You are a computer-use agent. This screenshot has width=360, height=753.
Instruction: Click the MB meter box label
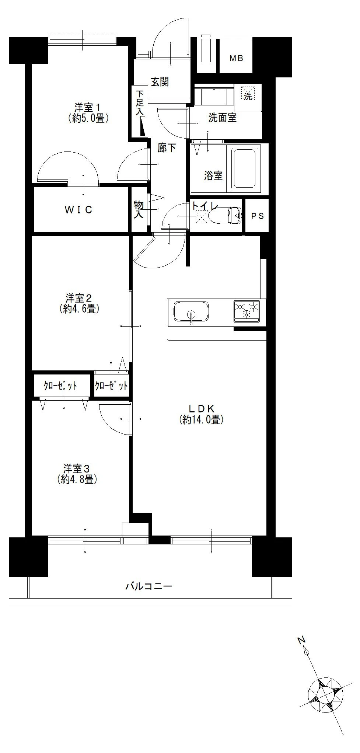(236, 58)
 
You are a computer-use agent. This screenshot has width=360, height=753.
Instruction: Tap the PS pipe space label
(258, 216)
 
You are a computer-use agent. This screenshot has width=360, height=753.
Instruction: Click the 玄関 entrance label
(160, 82)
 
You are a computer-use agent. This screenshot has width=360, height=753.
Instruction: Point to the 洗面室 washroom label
(222, 118)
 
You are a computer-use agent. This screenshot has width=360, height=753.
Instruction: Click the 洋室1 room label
(88, 108)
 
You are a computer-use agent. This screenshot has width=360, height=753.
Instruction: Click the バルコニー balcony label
(149, 586)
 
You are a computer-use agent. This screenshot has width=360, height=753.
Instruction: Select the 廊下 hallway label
(167, 148)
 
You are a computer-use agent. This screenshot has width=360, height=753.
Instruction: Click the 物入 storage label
(139, 209)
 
